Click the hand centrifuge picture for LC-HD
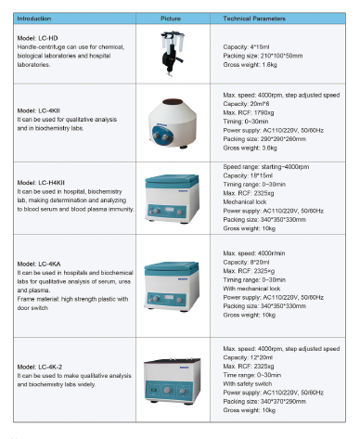pos(170,53)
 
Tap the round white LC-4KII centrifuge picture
pos(170,124)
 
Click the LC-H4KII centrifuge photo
pos(170,197)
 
